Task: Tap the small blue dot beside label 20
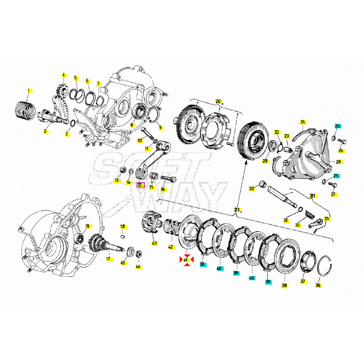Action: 222,104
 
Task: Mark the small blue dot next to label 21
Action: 241,212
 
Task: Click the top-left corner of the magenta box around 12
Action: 137,182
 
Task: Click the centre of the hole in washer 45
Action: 131,251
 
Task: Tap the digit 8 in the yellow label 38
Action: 286,286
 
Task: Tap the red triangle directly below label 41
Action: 187,264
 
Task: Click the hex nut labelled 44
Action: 138,254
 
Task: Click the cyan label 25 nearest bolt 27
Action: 336,176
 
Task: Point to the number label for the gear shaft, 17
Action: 109,259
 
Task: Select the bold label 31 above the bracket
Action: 312,196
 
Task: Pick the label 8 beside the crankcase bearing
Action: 132,125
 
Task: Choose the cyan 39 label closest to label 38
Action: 268,282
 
